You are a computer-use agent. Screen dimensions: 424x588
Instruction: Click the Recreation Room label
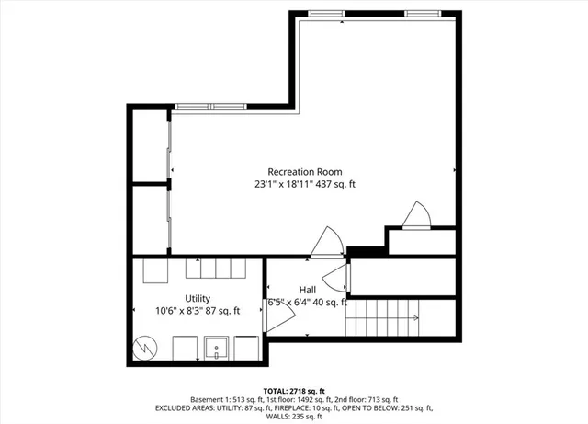point(305,172)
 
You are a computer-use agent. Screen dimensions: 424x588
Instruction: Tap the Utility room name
point(198,298)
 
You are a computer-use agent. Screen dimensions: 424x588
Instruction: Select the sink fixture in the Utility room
point(218,349)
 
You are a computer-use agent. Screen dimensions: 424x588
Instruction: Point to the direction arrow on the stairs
point(410,318)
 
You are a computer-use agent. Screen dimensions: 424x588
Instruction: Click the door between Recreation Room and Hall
point(326,242)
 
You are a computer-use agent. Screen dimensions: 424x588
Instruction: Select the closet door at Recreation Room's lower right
point(416,215)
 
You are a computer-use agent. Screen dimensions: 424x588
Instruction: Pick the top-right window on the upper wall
point(422,13)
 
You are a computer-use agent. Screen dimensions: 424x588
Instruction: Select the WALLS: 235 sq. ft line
point(294,416)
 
